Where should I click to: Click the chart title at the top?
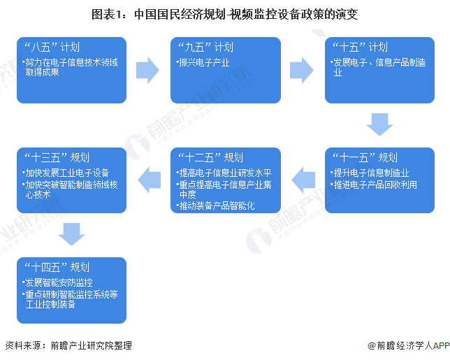pos(225,13)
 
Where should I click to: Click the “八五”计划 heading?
pos(52,48)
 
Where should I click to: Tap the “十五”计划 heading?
pos(360,48)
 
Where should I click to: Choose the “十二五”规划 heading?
pos(210,158)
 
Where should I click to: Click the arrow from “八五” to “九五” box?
pos(148,69)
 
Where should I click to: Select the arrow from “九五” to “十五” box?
pos(303,69)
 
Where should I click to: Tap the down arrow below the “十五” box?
pos(380,124)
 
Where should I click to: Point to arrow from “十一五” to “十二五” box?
pos(303,180)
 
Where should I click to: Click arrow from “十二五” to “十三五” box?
pos(148,180)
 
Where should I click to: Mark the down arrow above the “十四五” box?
pos(71,234)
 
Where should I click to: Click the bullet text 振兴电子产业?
pos(205,63)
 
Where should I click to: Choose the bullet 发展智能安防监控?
pos(59,282)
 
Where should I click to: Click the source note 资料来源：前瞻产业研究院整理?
pos(68,345)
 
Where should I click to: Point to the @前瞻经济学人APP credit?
pos(408,345)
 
